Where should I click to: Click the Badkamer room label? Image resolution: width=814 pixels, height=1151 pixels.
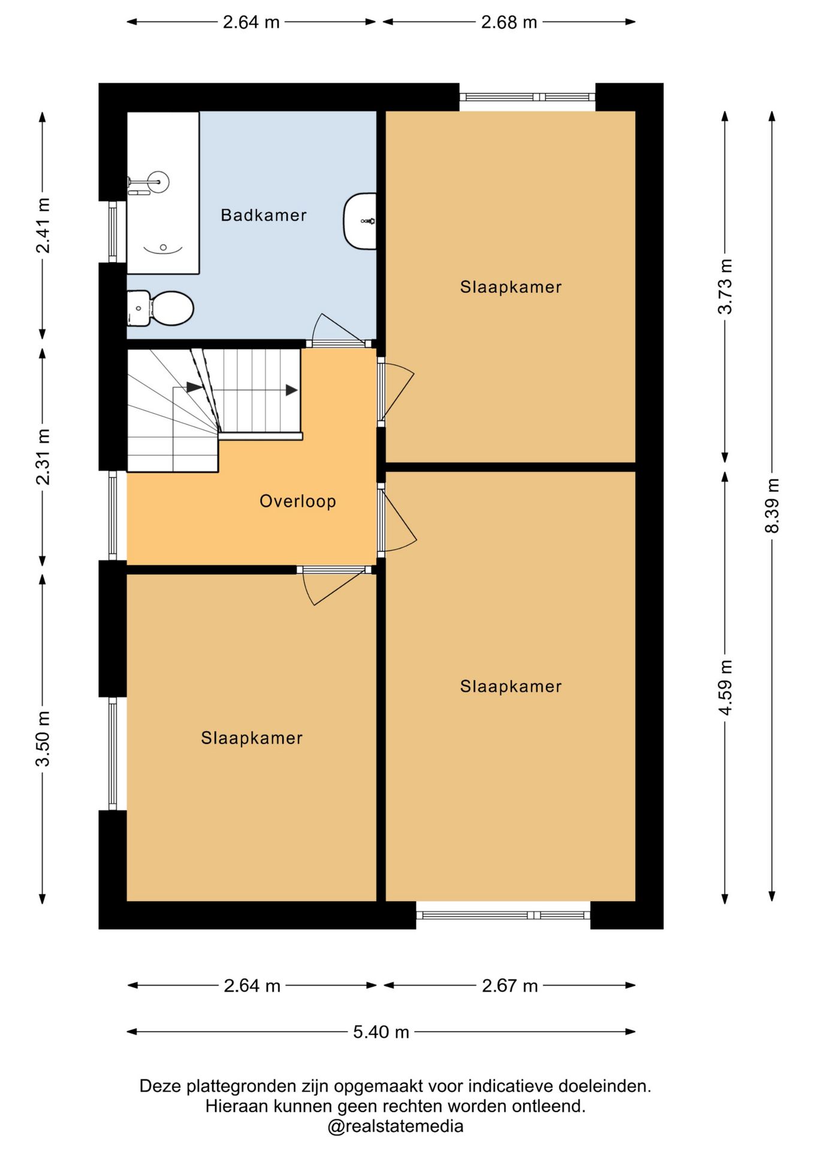click(x=263, y=215)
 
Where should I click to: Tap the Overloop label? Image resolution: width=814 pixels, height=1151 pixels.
click(x=297, y=501)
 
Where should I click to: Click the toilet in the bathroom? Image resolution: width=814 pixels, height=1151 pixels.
click(x=160, y=308)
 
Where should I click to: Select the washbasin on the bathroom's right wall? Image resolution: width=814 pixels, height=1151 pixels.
click(x=360, y=221)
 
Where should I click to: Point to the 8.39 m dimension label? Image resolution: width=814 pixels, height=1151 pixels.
click(x=772, y=505)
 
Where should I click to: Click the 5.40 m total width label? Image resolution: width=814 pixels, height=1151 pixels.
click(x=381, y=1032)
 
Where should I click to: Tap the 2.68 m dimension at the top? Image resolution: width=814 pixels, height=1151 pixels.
click(x=509, y=22)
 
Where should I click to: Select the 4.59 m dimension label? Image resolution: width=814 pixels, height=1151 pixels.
click(x=725, y=687)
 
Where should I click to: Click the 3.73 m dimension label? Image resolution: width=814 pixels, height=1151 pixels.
click(x=725, y=287)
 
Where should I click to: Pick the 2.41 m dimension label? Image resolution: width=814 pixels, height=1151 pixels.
click(x=43, y=225)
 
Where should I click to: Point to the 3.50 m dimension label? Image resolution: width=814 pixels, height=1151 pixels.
click(x=43, y=739)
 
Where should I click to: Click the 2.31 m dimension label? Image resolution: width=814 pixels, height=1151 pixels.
click(x=43, y=457)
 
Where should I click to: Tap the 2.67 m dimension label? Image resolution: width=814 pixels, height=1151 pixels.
click(x=509, y=986)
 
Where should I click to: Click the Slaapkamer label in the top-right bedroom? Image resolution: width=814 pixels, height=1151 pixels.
click(x=511, y=287)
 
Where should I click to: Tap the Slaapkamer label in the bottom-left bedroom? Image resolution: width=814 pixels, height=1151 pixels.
click(x=252, y=737)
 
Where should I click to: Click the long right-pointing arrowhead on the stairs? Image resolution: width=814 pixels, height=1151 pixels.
click(x=291, y=390)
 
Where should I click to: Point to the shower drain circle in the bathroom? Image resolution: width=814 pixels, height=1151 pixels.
click(x=163, y=247)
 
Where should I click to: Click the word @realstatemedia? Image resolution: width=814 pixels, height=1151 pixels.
click(x=396, y=1126)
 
